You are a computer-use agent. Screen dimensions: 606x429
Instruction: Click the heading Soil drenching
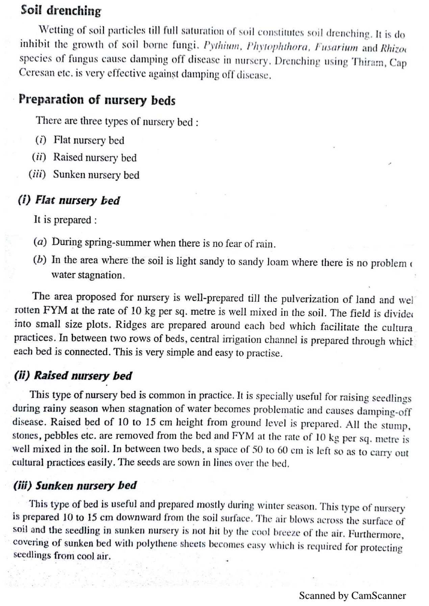61,11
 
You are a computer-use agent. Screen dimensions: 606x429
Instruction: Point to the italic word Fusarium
336,47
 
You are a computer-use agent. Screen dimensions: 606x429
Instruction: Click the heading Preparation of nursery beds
97,100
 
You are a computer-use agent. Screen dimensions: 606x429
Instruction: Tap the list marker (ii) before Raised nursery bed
39,157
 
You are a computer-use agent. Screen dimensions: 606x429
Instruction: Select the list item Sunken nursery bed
96,175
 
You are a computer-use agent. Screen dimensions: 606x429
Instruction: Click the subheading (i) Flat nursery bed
69,200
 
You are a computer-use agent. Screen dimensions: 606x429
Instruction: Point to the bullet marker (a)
40,241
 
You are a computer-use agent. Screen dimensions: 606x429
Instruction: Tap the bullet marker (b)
40,260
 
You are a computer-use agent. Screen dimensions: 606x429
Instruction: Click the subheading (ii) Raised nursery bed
73,376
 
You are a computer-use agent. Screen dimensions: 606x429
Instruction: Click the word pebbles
61,435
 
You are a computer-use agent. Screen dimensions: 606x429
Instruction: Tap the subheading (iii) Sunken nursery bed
75,485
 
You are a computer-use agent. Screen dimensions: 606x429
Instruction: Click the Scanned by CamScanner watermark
352,596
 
